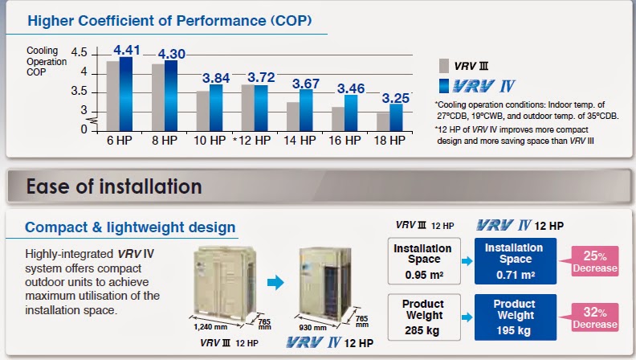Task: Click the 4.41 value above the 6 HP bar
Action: click(x=127, y=50)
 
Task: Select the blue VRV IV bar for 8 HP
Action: click(x=171, y=96)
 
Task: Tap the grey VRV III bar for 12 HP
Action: click(x=248, y=108)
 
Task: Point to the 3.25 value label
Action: click(x=395, y=98)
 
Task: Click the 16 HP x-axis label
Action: click(x=344, y=141)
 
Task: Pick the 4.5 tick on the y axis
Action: click(x=79, y=52)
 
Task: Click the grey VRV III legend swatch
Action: click(x=444, y=66)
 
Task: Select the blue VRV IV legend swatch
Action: click(x=444, y=86)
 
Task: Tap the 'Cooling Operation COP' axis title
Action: click(x=47, y=61)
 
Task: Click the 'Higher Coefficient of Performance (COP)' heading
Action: click(x=169, y=21)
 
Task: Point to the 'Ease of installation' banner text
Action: click(x=114, y=186)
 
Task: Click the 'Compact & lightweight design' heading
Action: click(x=130, y=227)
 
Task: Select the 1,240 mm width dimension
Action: click(x=210, y=327)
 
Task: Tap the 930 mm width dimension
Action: click(x=312, y=328)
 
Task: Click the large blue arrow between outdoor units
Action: click(x=275, y=283)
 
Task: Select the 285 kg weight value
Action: click(x=422, y=331)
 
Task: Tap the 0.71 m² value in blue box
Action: click(x=516, y=275)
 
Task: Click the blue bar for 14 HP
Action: click(x=306, y=110)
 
